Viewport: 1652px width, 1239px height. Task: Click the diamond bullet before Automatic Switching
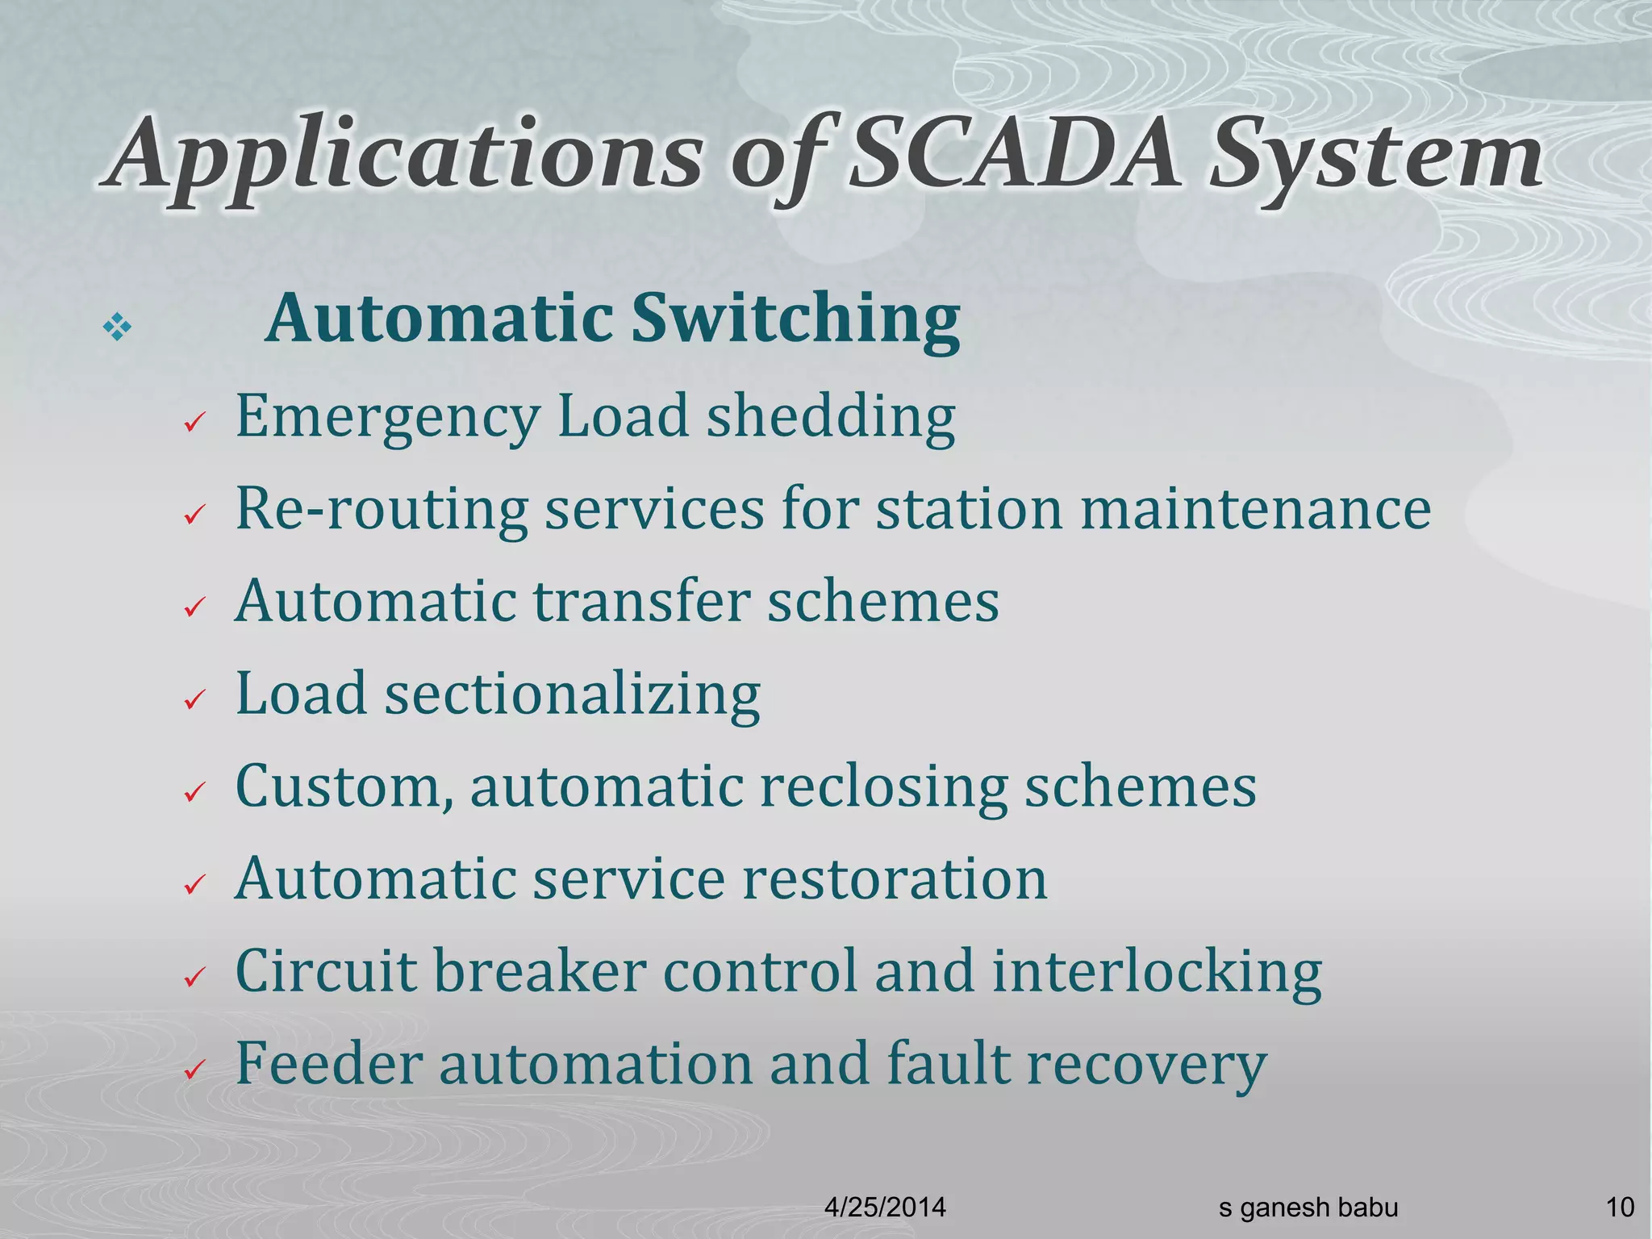click(118, 328)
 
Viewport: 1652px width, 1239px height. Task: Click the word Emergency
click(387, 419)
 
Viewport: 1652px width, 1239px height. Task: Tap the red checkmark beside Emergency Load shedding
click(194, 423)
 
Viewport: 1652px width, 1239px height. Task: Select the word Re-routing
click(381, 510)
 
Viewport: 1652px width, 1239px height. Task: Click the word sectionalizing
click(572, 695)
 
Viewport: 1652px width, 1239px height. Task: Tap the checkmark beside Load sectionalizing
click(194, 700)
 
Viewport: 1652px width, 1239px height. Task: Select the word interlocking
click(1157, 972)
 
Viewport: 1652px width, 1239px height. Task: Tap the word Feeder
click(328, 1063)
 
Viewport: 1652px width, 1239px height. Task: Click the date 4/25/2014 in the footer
click(885, 1208)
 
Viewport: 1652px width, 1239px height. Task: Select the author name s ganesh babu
click(1308, 1208)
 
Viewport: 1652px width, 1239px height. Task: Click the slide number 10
click(1620, 1208)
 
